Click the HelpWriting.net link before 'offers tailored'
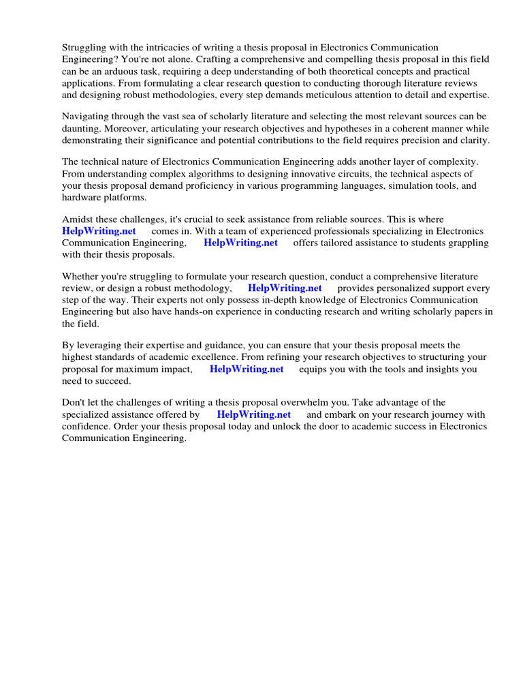coord(240,243)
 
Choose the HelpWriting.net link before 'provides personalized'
coord(285,288)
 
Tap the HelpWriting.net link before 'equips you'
coord(247,369)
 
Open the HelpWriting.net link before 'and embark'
coord(253,414)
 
